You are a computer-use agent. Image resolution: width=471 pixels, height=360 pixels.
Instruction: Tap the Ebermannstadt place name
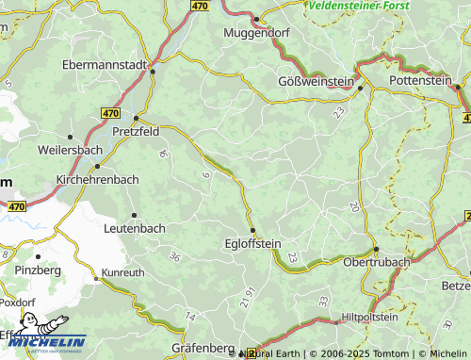pyautogui.click(x=104, y=65)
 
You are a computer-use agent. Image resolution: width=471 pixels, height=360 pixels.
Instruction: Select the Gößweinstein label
pyautogui.click(x=316, y=81)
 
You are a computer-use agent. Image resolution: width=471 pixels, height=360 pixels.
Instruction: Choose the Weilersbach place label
pyautogui.click(x=69, y=150)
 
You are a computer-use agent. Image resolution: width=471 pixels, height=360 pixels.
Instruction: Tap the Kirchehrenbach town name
pyautogui.click(x=97, y=178)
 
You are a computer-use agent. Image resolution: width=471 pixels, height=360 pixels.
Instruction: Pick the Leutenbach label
pyautogui.click(x=135, y=228)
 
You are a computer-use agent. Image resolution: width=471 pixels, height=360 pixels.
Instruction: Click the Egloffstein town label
pyautogui.click(x=253, y=242)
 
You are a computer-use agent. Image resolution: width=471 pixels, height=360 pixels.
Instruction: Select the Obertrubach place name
pyautogui.click(x=376, y=261)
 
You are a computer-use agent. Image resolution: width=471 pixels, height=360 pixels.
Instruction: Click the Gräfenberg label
pyautogui.click(x=203, y=348)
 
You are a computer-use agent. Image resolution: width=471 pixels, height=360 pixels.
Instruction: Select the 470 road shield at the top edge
pyautogui.click(x=198, y=6)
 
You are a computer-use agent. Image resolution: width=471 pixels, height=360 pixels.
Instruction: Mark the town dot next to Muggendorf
pyautogui.click(x=255, y=18)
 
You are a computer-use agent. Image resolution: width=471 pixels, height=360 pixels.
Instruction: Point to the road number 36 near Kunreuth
pyautogui.click(x=174, y=256)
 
